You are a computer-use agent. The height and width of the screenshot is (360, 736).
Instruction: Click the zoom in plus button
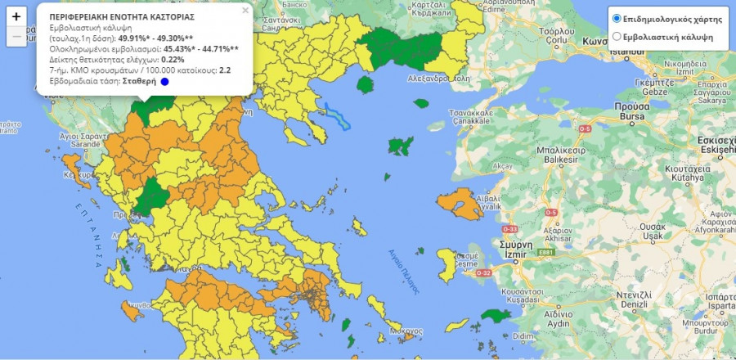[x=16, y=16]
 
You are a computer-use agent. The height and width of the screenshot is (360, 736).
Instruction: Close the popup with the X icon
[x=245, y=11]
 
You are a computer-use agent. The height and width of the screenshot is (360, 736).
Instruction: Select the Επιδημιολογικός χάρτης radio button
[x=617, y=19]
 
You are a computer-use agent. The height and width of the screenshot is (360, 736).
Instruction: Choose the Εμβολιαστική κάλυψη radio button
[x=617, y=37]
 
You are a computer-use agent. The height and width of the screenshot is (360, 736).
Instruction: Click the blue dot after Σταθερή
[x=164, y=82]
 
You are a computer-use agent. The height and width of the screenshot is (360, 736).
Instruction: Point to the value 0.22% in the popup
[x=173, y=60]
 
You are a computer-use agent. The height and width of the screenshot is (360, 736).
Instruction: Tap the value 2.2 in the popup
[x=225, y=70]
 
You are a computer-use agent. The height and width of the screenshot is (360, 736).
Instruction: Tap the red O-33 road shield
[x=510, y=229]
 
